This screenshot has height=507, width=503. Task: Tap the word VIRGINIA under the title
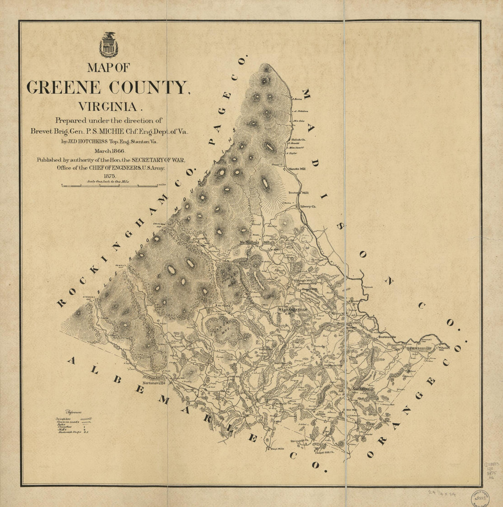[x=108, y=107]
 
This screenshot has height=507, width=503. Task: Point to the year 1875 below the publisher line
[x=109, y=176]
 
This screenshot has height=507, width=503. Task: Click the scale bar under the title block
[x=110, y=185]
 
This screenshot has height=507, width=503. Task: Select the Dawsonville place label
[x=419, y=348]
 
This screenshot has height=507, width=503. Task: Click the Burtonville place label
[x=387, y=337]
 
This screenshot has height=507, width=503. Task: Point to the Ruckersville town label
[x=363, y=388]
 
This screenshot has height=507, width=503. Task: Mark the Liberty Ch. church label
[x=308, y=206]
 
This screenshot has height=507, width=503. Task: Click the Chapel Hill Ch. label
[x=324, y=452]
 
